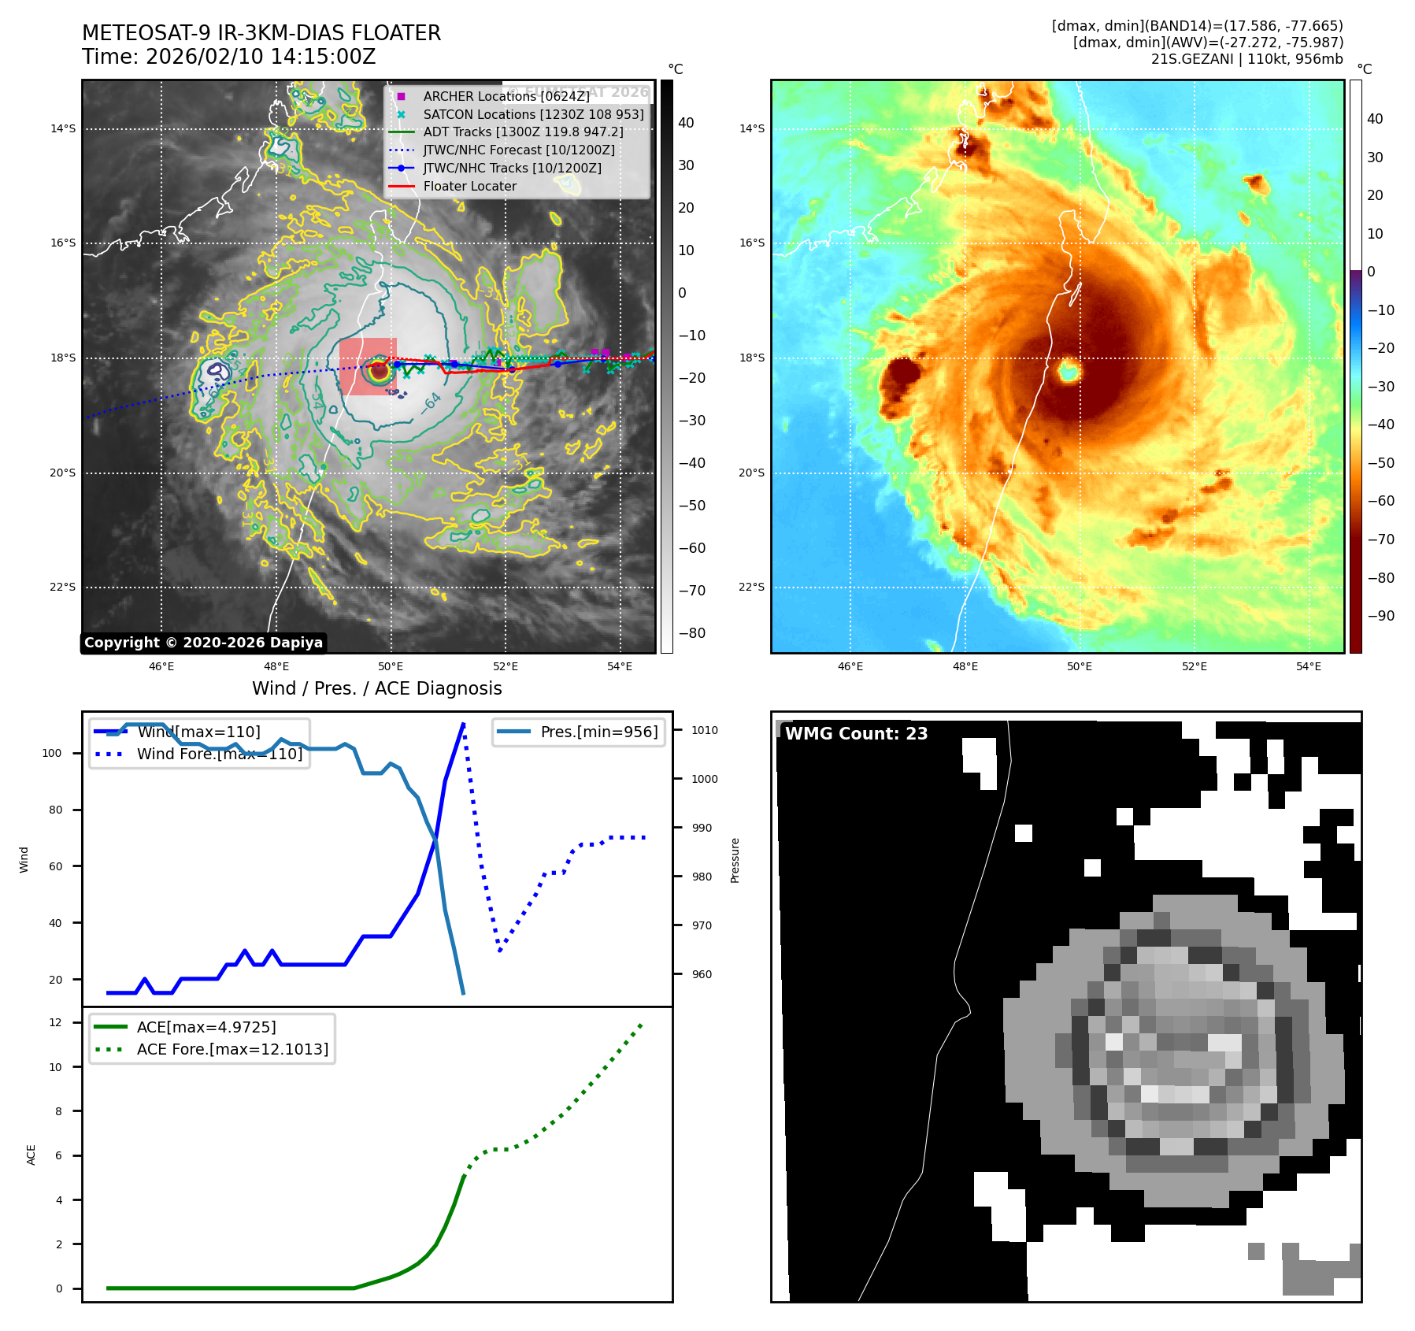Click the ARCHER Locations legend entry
(x=506, y=96)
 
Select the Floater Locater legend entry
(x=469, y=187)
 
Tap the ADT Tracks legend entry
(x=523, y=132)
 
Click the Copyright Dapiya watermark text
(x=203, y=643)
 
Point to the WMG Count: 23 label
(x=856, y=734)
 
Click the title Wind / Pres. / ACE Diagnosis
(x=376, y=688)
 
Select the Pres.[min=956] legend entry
(x=598, y=732)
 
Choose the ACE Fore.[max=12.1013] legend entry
(x=232, y=1049)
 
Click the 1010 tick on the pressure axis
(x=705, y=730)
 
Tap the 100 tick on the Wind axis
(x=52, y=753)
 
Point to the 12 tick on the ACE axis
(x=55, y=1022)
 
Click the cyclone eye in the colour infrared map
(x=1069, y=369)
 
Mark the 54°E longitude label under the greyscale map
(x=620, y=666)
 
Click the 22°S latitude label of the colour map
(x=751, y=587)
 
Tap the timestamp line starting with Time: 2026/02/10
(x=228, y=57)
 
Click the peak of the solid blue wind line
(x=463, y=724)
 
